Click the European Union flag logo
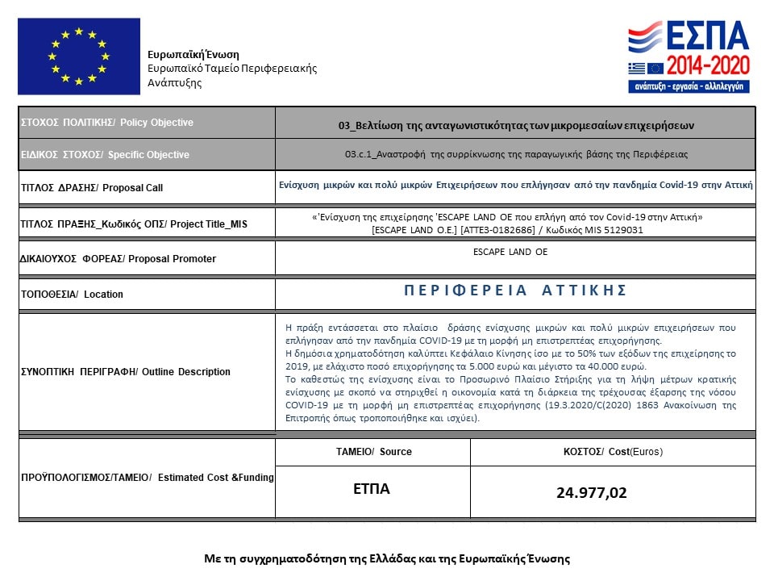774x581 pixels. point(78,56)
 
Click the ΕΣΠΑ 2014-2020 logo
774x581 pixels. point(689,56)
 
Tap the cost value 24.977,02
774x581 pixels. point(591,492)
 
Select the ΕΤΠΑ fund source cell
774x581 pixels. point(371,489)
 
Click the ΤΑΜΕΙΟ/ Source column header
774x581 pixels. point(373,452)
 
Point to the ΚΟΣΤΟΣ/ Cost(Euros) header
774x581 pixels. point(613,452)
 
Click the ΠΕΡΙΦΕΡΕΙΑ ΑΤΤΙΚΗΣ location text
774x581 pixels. point(515,290)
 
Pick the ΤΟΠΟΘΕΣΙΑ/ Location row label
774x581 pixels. point(72,295)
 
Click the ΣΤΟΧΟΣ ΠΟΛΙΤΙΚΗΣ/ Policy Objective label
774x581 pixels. point(107,123)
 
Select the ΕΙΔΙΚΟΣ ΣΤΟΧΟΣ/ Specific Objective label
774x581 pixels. point(106,155)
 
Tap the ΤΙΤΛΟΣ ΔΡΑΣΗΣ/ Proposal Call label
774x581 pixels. point(92,188)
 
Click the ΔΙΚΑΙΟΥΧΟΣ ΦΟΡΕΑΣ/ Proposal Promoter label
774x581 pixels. point(118,259)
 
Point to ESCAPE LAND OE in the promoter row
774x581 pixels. point(510,252)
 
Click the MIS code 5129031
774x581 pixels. point(625,230)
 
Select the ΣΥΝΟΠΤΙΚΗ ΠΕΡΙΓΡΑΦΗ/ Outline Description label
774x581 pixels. point(125,372)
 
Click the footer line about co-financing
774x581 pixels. point(387,558)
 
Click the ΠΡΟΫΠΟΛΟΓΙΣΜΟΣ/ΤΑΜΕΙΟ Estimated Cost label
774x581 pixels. point(147,478)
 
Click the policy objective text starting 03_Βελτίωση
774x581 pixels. point(516,126)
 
